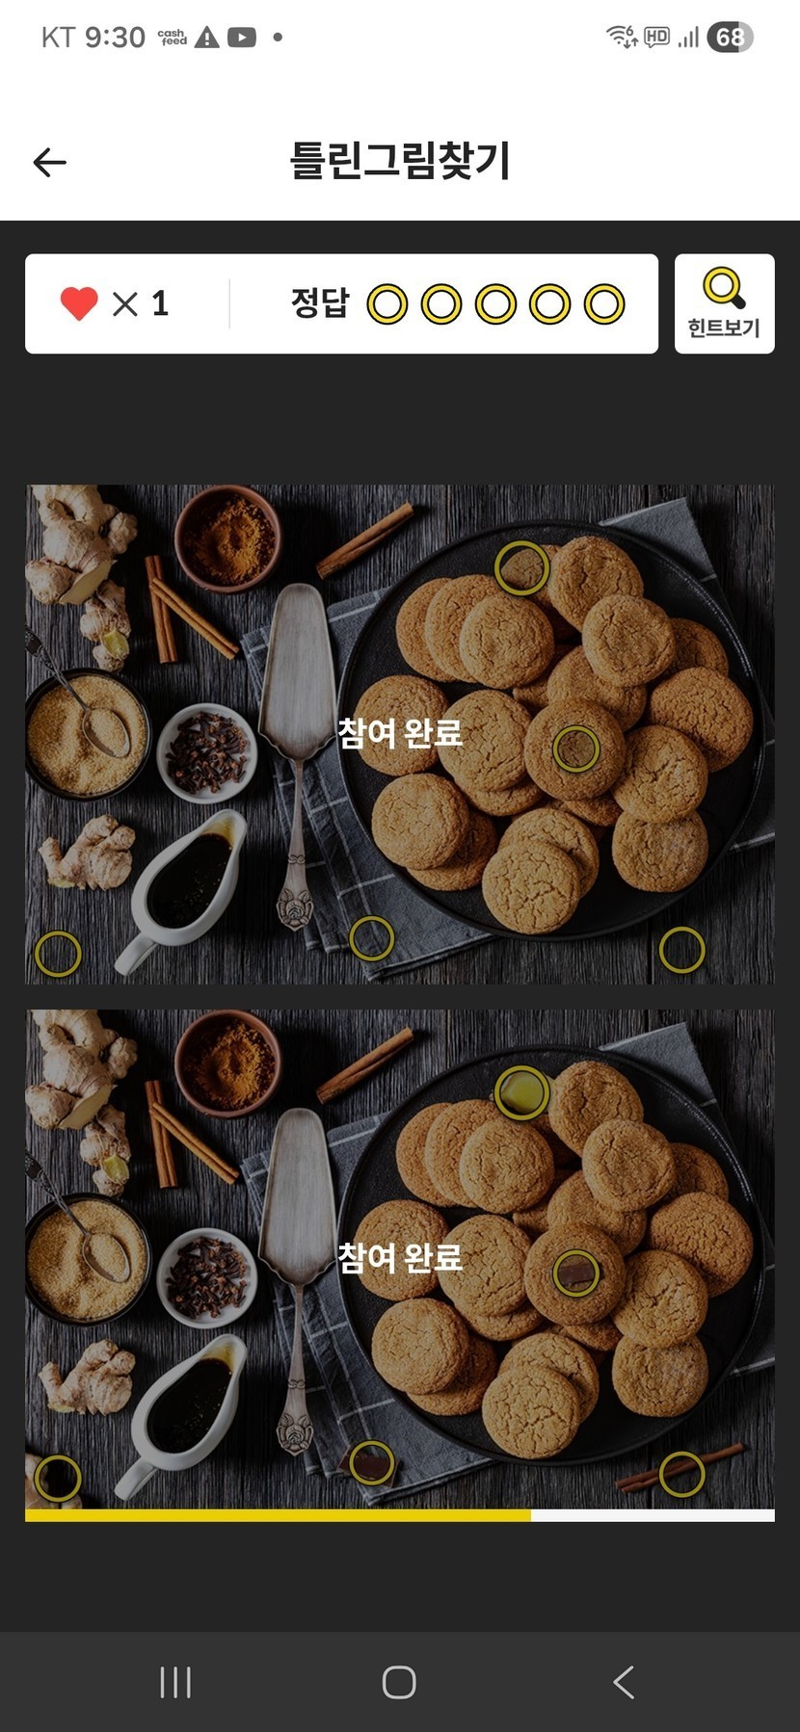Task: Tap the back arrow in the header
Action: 49,163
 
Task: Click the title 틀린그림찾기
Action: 400,161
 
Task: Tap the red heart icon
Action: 79,303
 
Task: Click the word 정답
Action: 320,303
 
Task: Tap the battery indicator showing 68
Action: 730,38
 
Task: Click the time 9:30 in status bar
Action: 115,38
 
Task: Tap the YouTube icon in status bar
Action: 242,38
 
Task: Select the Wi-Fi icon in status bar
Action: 622,37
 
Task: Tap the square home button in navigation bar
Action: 399,1682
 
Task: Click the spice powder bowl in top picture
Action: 228,538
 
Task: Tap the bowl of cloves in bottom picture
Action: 206,1277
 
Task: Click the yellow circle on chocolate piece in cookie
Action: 576,1273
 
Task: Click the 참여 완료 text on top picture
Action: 400,733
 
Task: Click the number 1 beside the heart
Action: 160,303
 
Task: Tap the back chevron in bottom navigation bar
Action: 624,1682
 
